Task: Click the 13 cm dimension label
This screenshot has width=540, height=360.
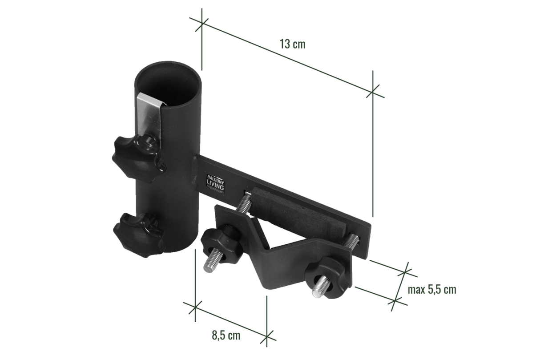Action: click(292, 44)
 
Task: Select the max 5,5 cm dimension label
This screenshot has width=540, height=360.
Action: click(432, 290)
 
